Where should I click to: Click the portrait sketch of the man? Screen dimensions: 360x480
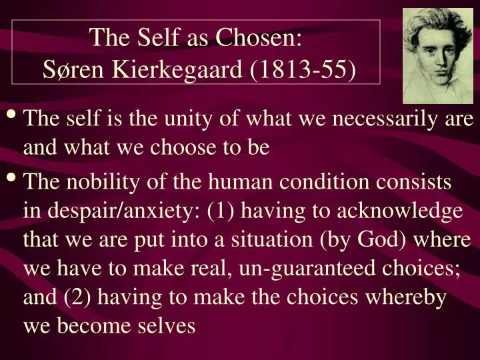pos(438,56)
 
